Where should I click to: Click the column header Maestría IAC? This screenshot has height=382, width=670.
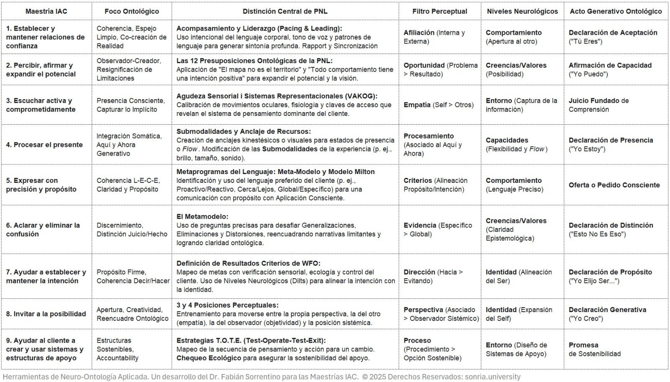point(46,11)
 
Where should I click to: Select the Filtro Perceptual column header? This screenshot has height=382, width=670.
point(439,11)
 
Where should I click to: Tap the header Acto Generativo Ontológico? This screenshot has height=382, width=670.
point(616,11)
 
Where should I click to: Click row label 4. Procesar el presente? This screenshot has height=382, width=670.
point(44,145)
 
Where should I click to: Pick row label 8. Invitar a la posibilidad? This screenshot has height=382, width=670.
point(46,314)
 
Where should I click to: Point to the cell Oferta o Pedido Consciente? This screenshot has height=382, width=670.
point(614,185)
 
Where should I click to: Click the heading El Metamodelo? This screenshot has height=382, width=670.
point(202,217)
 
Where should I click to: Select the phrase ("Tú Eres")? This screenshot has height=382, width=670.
point(585,41)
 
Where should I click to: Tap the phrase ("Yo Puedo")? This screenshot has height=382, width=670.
point(588,74)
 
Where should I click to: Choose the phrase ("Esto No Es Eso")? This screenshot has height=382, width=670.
point(597,234)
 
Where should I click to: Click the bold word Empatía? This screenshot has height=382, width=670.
point(417,105)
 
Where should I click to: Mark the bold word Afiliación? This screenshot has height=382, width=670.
point(419,33)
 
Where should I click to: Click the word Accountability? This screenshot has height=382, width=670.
point(117,358)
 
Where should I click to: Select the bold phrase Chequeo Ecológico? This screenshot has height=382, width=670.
point(209,358)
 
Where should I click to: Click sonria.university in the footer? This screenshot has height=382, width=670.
point(492,377)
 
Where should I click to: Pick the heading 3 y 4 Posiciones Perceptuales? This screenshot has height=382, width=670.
point(227,305)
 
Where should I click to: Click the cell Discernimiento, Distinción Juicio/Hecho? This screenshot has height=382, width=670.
point(131,230)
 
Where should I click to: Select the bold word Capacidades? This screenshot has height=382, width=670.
point(507,140)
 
